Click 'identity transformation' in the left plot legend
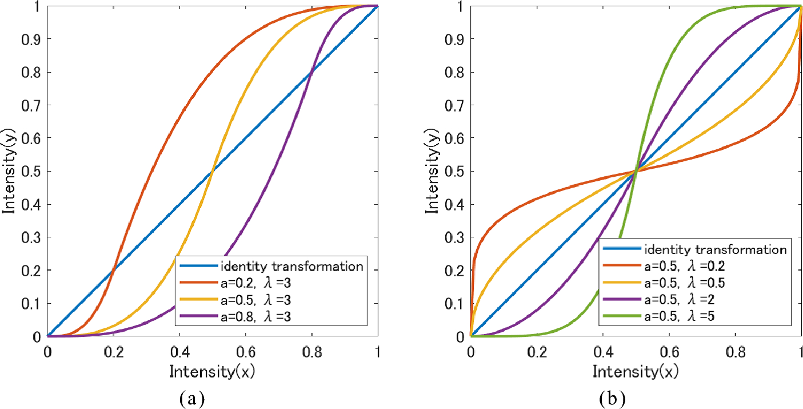pos(291,266)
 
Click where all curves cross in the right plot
pos(636,171)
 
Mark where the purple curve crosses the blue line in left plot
pos(311,72)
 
